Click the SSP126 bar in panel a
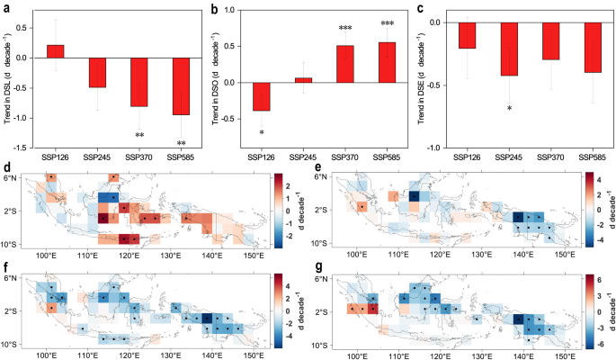(x=56, y=51)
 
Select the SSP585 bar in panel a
(x=181, y=86)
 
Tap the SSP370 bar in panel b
(x=345, y=64)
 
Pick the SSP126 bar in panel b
(x=263, y=97)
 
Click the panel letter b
(x=213, y=7)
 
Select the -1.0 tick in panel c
(x=439, y=148)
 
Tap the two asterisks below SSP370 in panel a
(x=140, y=136)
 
